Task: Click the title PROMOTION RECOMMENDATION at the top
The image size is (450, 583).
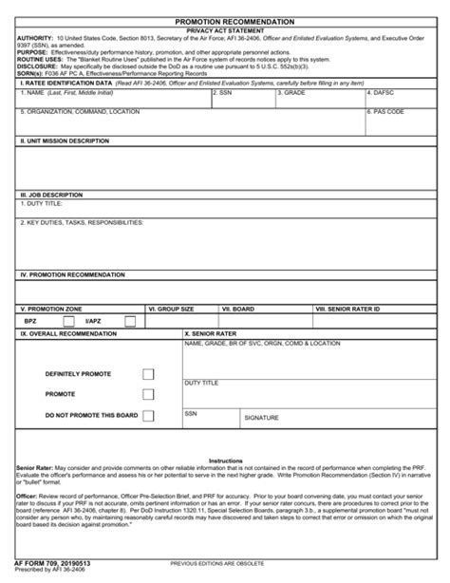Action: (225, 20)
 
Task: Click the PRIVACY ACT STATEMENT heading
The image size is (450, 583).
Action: (225, 30)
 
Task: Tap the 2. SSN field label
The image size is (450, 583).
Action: (224, 93)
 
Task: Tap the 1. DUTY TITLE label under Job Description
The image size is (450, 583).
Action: (43, 204)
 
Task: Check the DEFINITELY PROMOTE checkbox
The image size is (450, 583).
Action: (148, 374)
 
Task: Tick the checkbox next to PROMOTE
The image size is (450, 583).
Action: (148, 394)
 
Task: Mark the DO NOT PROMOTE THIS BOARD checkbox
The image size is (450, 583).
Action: (148, 415)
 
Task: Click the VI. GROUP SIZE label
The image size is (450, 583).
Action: (172, 310)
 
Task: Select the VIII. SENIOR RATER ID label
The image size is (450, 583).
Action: (348, 310)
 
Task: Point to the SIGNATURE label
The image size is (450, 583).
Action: (261, 418)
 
